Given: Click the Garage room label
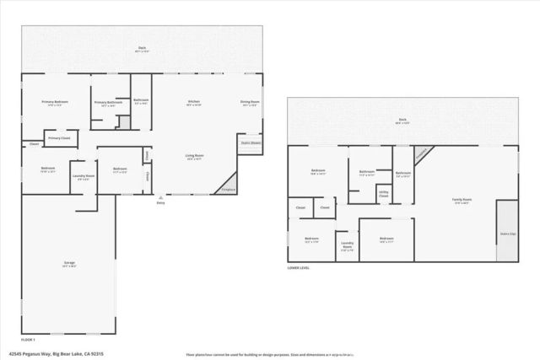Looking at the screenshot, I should (69, 264).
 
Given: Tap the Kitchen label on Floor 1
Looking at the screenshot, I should (193, 102).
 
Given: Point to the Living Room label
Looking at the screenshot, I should (195, 156).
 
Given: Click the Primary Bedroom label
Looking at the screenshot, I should (56, 102).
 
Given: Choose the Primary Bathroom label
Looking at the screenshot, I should (108, 102).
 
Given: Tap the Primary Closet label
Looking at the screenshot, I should (59, 137).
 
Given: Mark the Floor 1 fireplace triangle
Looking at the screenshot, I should (227, 183).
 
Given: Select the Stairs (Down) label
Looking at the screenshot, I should (250, 142).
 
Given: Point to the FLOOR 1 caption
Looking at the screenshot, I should (29, 337).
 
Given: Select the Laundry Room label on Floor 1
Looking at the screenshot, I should (84, 176).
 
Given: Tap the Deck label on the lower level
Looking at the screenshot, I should (402, 121).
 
